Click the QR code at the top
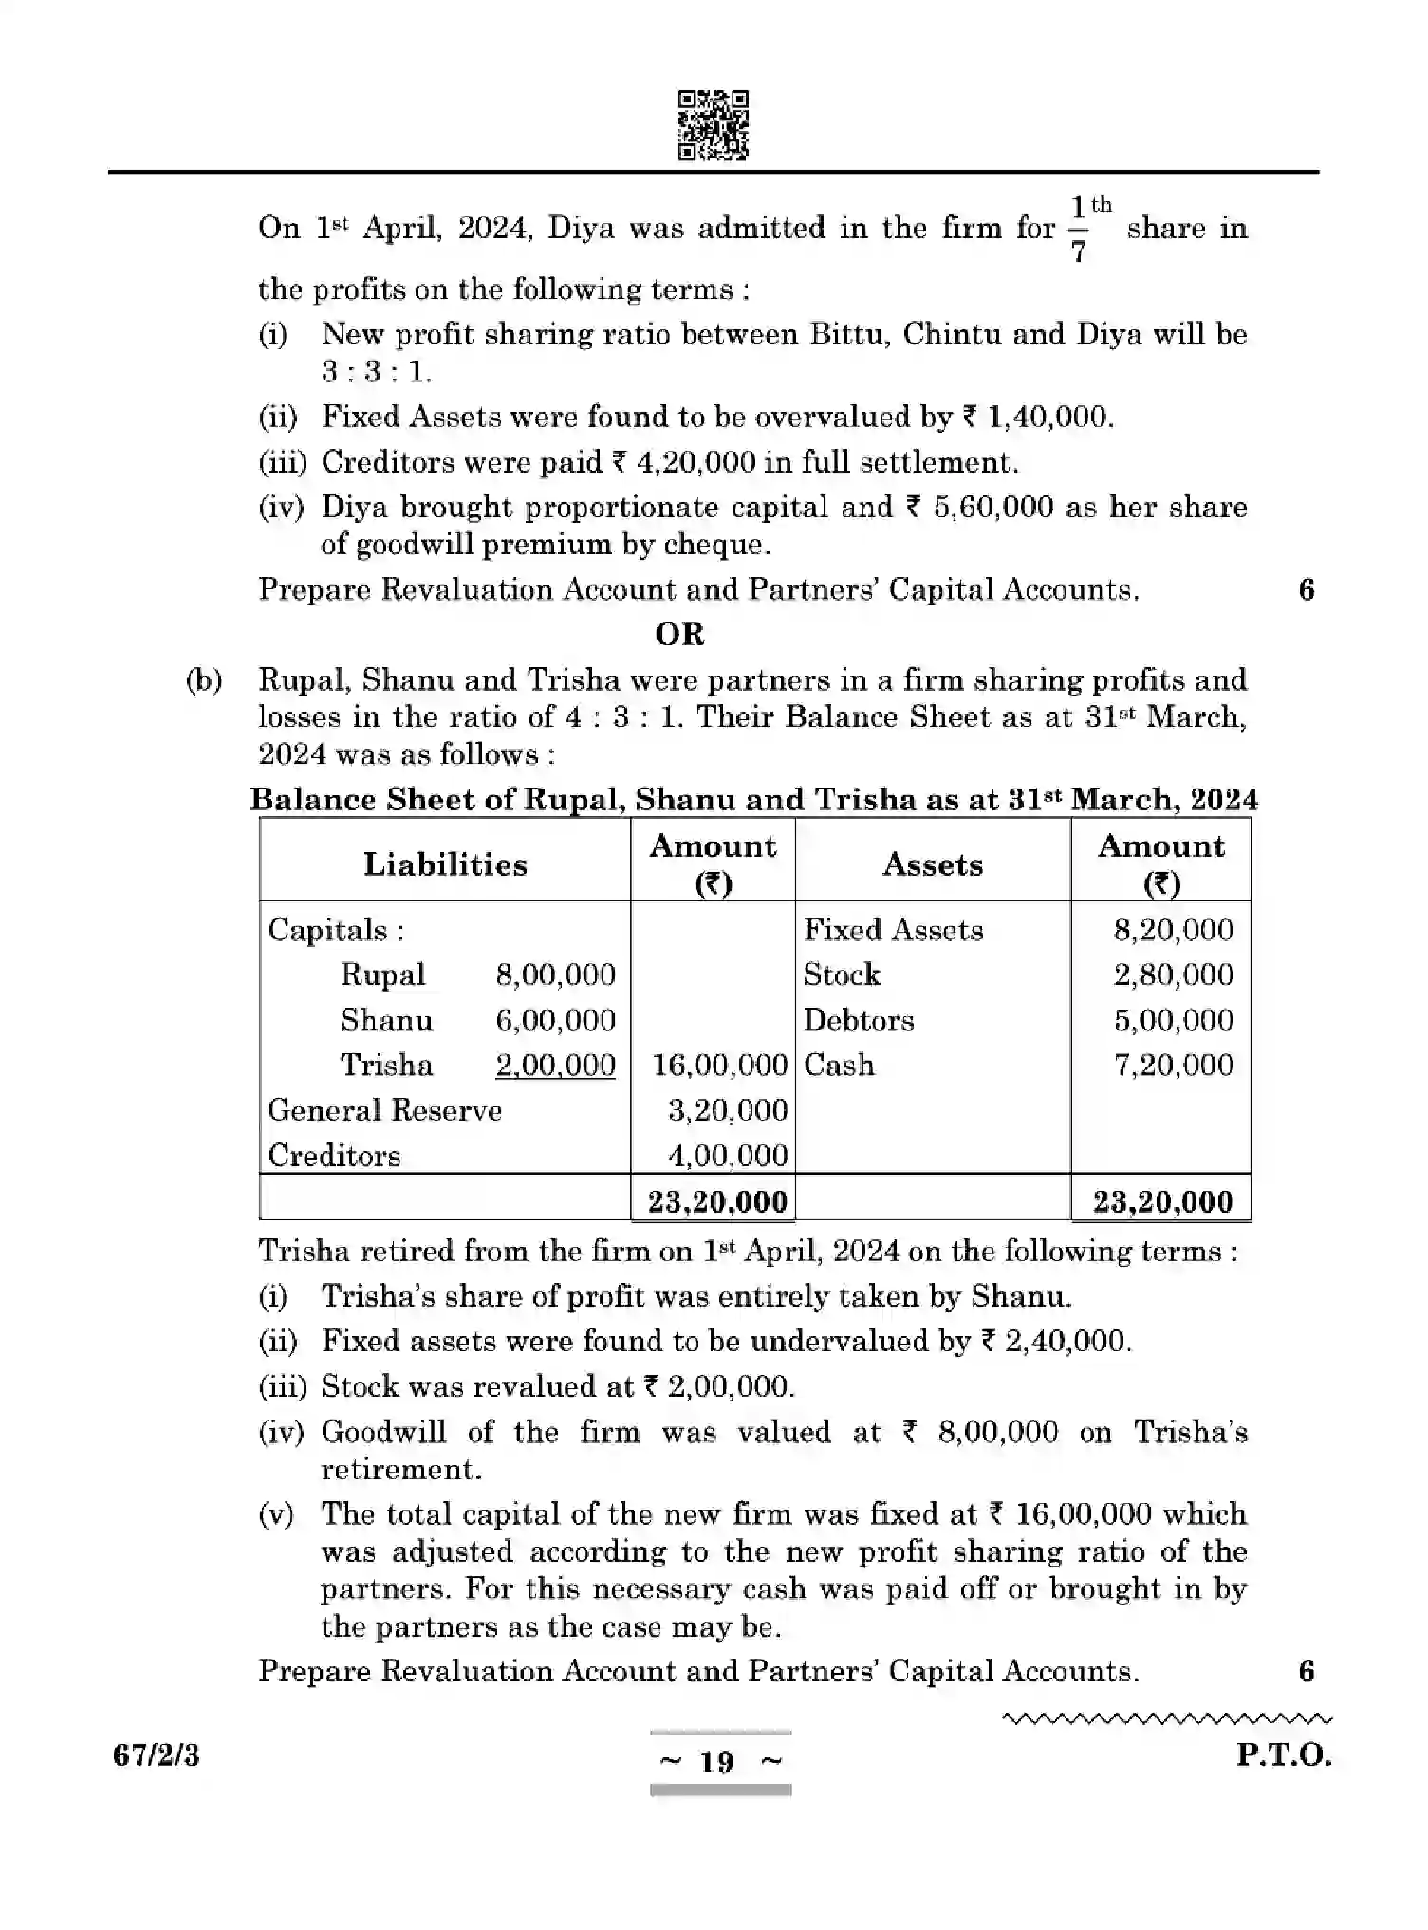pyautogui.click(x=713, y=125)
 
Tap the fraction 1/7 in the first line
pyautogui.click(x=1079, y=229)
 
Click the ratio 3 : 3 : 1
pyautogui.click(x=376, y=371)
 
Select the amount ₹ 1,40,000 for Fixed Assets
pyautogui.click(x=1037, y=417)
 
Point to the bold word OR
pyautogui.click(x=679, y=634)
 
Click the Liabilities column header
pyautogui.click(x=445, y=864)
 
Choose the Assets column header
pyautogui.click(x=932, y=864)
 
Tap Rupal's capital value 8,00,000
pyautogui.click(x=555, y=974)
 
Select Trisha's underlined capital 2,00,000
pyautogui.click(x=555, y=1065)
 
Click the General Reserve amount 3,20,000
pyautogui.click(x=728, y=1110)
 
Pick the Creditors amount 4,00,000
pyautogui.click(x=728, y=1156)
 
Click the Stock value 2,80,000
pyautogui.click(x=1173, y=974)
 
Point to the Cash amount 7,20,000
pyautogui.click(x=1173, y=1065)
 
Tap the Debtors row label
pyautogui.click(x=859, y=1020)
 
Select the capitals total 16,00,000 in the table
pyautogui.click(x=720, y=1065)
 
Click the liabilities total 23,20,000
pyautogui.click(x=717, y=1201)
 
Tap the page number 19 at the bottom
pyautogui.click(x=717, y=1762)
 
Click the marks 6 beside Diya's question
pyautogui.click(x=1306, y=590)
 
